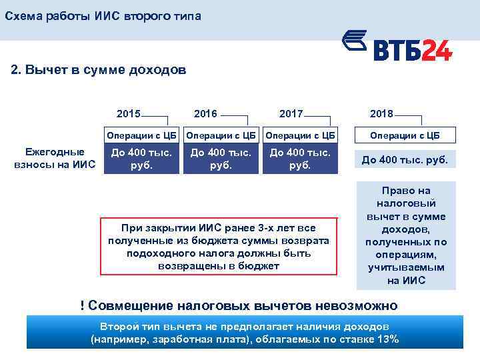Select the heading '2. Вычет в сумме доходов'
pyautogui.click(x=99, y=70)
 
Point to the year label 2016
pyautogui.click(x=205, y=114)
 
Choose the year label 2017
pyautogui.click(x=291, y=114)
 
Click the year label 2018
pyautogui.click(x=383, y=114)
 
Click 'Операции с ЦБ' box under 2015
pyautogui.click(x=142, y=135)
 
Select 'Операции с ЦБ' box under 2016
pyautogui.click(x=221, y=135)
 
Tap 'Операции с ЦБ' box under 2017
pyautogui.click(x=300, y=135)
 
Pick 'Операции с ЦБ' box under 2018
pyautogui.click(x=406, y=135)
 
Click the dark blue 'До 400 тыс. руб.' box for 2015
pyautogui.click(x=142, y=159)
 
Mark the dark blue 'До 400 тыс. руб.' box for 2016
pyautogui.click(x=221, y=159)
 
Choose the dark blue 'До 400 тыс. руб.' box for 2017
pyautogui.click(x=300, y=159)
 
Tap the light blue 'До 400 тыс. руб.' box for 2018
pyautogui.click(x=406, y=159)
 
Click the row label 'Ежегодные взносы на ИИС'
pyautogui.click(x=55, y=158)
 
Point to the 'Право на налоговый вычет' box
pyautogui.click(x=406, y=235)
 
